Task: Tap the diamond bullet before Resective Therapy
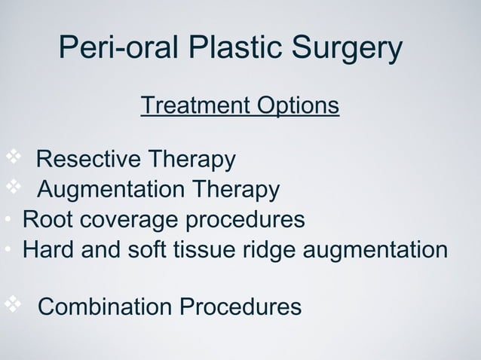14,157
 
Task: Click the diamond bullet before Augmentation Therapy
14,187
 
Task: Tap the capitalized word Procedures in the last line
239,307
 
